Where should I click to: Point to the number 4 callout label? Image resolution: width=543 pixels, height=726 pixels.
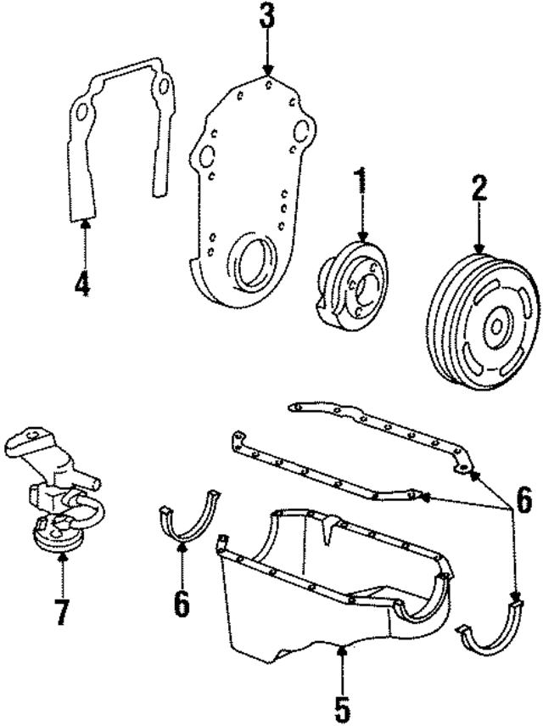82,284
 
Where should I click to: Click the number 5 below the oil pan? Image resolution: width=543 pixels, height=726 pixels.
341,708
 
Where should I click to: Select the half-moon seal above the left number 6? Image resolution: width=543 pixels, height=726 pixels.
190,520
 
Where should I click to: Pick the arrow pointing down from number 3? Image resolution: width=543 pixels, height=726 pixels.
267,55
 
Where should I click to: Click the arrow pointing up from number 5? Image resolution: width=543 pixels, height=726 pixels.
341,667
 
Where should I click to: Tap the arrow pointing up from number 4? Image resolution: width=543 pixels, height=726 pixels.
83,242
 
